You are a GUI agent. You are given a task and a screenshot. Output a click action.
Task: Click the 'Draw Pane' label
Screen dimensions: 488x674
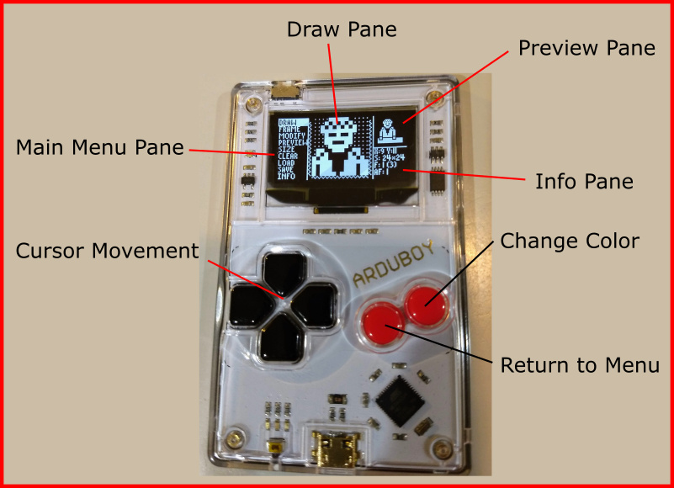click(x=341, y=29)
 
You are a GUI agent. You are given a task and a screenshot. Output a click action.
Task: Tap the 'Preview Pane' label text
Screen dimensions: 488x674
click(x=586, y=48)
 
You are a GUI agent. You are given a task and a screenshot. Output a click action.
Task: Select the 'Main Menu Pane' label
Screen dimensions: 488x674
click(x=100, y=148)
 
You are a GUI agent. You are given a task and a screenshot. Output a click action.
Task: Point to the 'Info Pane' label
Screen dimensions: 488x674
click(x=584, y=181)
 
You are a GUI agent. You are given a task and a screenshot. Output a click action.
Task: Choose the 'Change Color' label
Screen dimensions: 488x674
click(x=570, y=241)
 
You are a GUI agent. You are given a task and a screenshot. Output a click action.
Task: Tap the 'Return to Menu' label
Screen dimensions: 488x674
click(x=580, y=365)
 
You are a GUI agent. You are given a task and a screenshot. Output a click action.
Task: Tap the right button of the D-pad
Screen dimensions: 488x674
click(x=318, y=305)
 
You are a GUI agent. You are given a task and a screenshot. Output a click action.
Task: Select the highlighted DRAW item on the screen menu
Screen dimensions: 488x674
click(x=288, y=122)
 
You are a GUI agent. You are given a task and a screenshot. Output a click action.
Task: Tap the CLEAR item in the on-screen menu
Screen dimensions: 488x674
click(x=288, y=156)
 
